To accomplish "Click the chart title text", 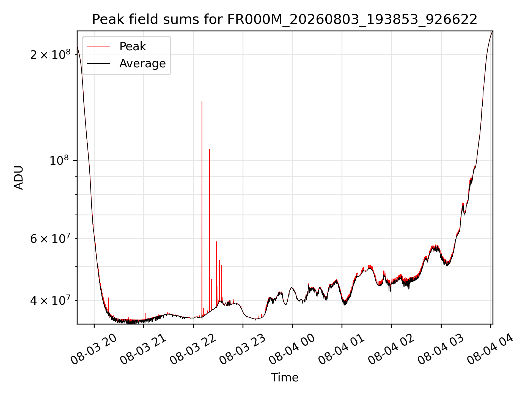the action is click(x=285, y=20).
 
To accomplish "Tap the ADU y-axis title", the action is click(x=19, y=177).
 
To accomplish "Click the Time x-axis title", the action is click(x=285, y=377).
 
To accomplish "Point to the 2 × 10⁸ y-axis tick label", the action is click(x=50, y=54).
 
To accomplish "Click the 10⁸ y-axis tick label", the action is click(x=59, y=160).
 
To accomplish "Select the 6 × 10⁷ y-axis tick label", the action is click(x=50, y=238).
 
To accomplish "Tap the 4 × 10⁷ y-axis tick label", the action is click(x=50, y=300).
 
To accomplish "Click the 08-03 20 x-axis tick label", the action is click(x=94, y=349).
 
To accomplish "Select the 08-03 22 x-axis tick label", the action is click(x=193, y=349).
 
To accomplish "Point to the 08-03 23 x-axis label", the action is click(x=243, y=349).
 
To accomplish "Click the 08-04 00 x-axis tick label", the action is click(x=292, y=349).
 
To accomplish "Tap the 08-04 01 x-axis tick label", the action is click(x=342, y=349).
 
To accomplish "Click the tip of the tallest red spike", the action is click(x=202, y=101).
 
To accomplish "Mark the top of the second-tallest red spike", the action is click(x=210, y=150).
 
